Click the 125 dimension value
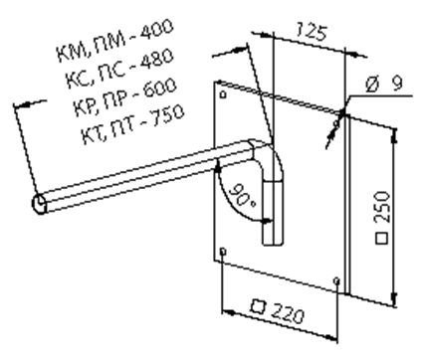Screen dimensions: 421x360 (x=312, y=32)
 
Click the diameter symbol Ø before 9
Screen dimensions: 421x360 (x=372, y=85)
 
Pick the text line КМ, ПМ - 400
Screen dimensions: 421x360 (x=114, y=40)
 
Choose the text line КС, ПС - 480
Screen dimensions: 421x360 (x=119, y=69)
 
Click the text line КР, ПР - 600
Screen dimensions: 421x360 (x=124, y=96)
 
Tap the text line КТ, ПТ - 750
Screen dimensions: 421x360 (x=132, y=124)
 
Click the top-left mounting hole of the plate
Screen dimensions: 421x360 (x=223, y=94)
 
